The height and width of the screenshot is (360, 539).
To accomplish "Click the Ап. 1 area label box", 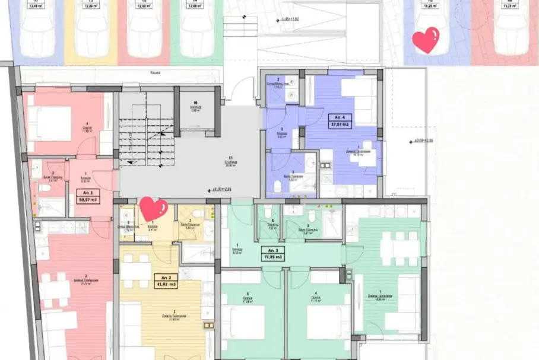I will pos(88,197).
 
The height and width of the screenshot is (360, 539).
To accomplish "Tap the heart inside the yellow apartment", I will pos(153,209).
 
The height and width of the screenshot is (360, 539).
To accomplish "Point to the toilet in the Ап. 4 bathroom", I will pos(278,185).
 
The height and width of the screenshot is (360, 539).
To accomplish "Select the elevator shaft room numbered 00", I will pos(198,108).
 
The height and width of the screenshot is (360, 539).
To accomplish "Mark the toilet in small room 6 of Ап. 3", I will pos(267,212).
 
